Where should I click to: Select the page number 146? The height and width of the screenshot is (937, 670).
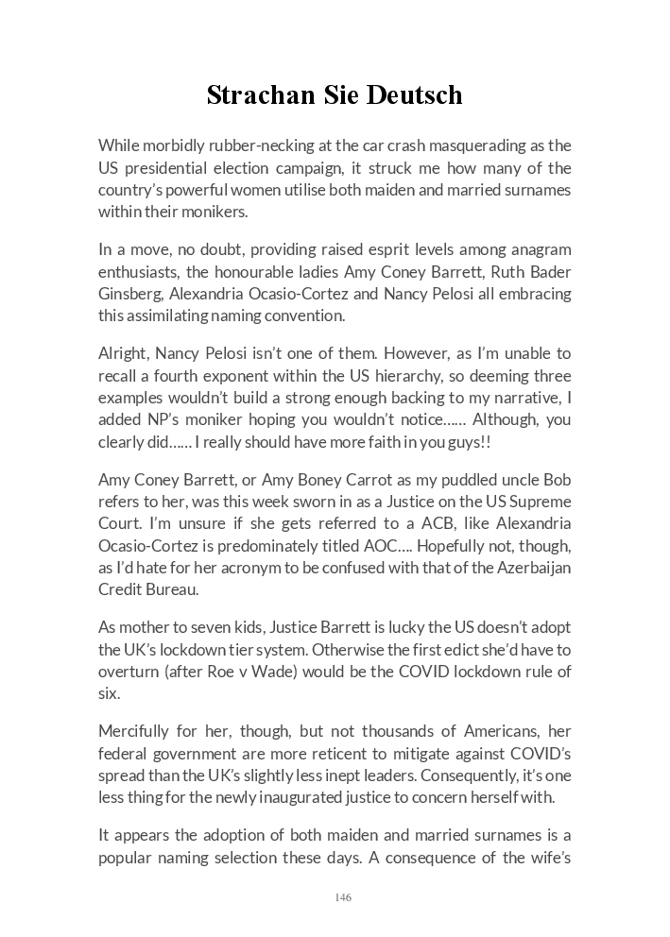coord(342,896)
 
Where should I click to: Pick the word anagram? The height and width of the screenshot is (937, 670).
coord(538,249)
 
